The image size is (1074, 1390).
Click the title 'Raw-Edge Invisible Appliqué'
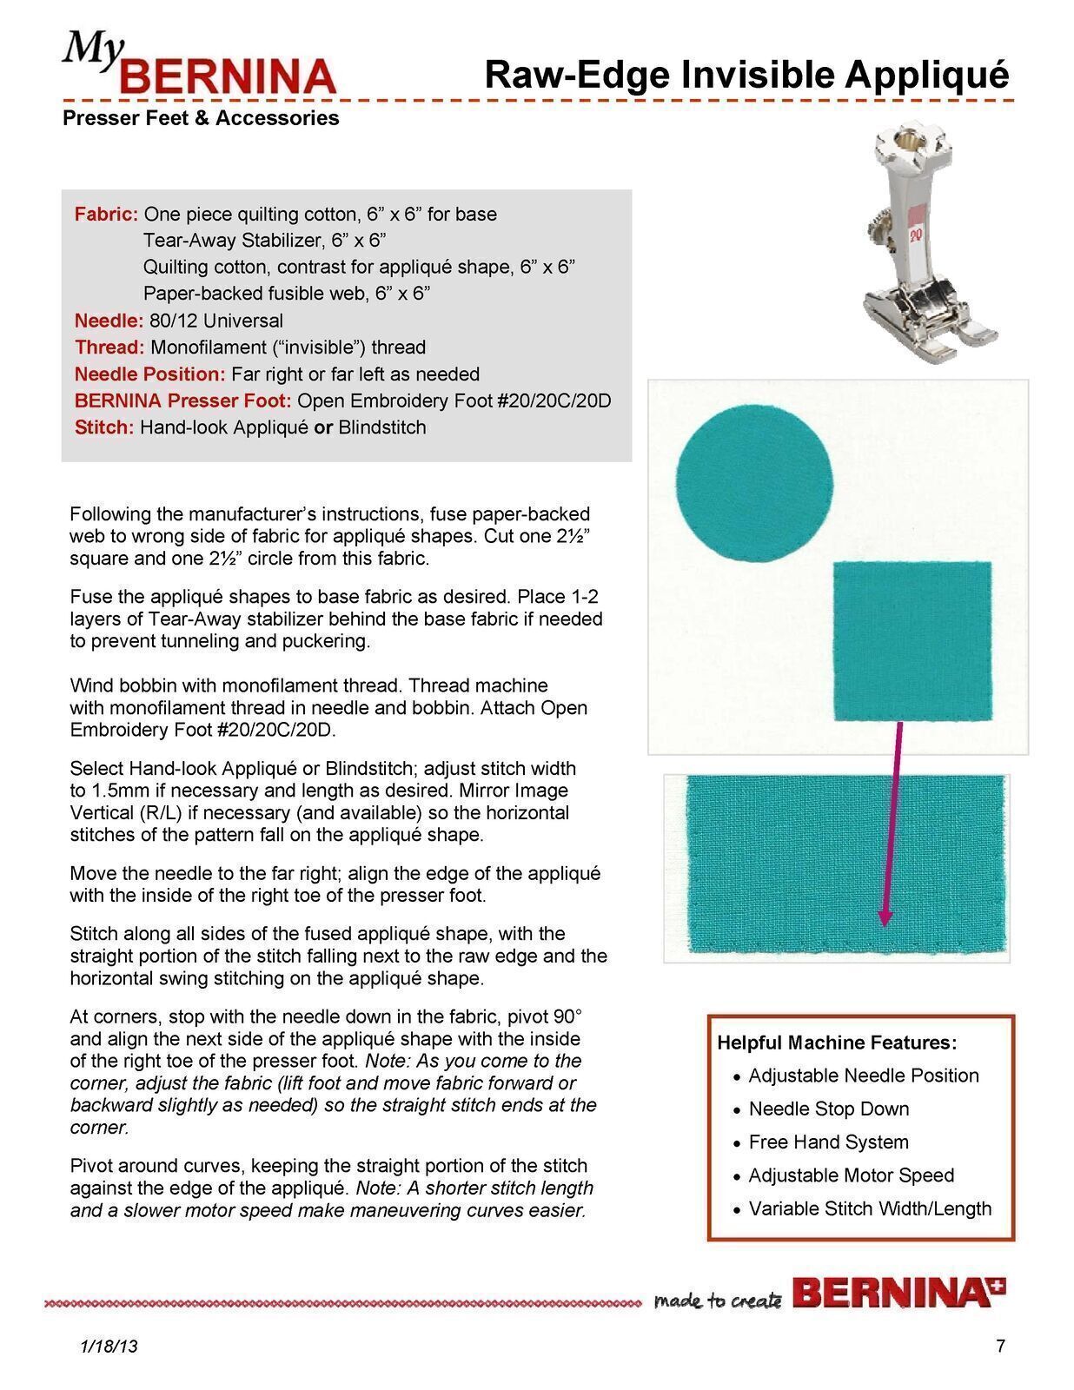746,75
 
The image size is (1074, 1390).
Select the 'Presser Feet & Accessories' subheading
201,118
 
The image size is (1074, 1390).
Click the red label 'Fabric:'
106,215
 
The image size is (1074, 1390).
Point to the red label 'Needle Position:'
149,374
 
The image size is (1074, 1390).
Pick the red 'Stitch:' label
104,427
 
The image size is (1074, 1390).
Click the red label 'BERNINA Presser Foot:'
182,400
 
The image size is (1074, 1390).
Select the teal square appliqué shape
912,641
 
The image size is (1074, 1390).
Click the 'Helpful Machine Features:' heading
837,1042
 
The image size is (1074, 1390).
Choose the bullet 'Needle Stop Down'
828,1109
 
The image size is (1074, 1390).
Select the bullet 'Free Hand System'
828,1142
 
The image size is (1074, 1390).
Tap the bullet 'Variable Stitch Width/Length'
869,1208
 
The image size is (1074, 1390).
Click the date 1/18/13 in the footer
109,1347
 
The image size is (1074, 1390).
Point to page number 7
1000,1347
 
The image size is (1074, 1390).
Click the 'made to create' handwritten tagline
718,1301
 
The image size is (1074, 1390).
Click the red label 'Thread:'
109,347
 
